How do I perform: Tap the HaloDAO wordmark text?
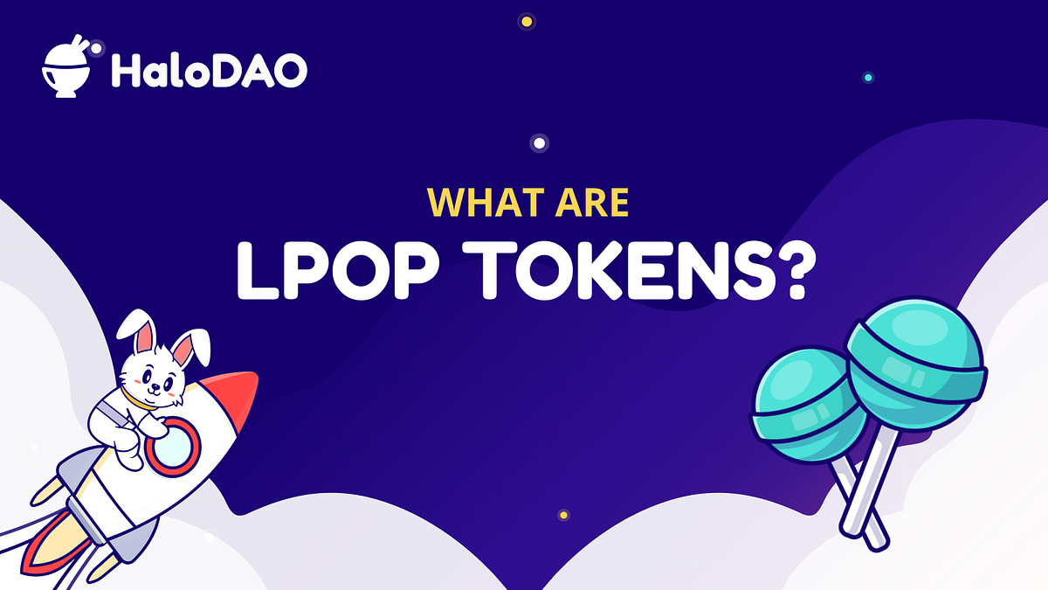point(209,70)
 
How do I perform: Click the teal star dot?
point(867,78)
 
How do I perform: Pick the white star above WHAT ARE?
point(539,142)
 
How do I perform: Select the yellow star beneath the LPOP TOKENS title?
point(563,515)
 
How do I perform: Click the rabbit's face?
point(157,377)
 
